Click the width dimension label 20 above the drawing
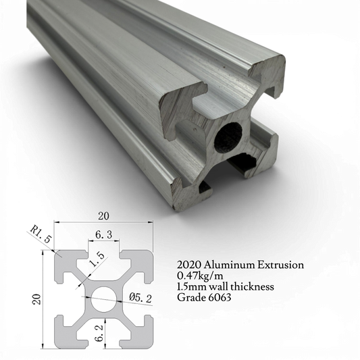pos(104,217)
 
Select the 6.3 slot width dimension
pos(103,235)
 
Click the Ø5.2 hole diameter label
pos(141,298)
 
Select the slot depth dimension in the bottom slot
pos(101,332)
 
